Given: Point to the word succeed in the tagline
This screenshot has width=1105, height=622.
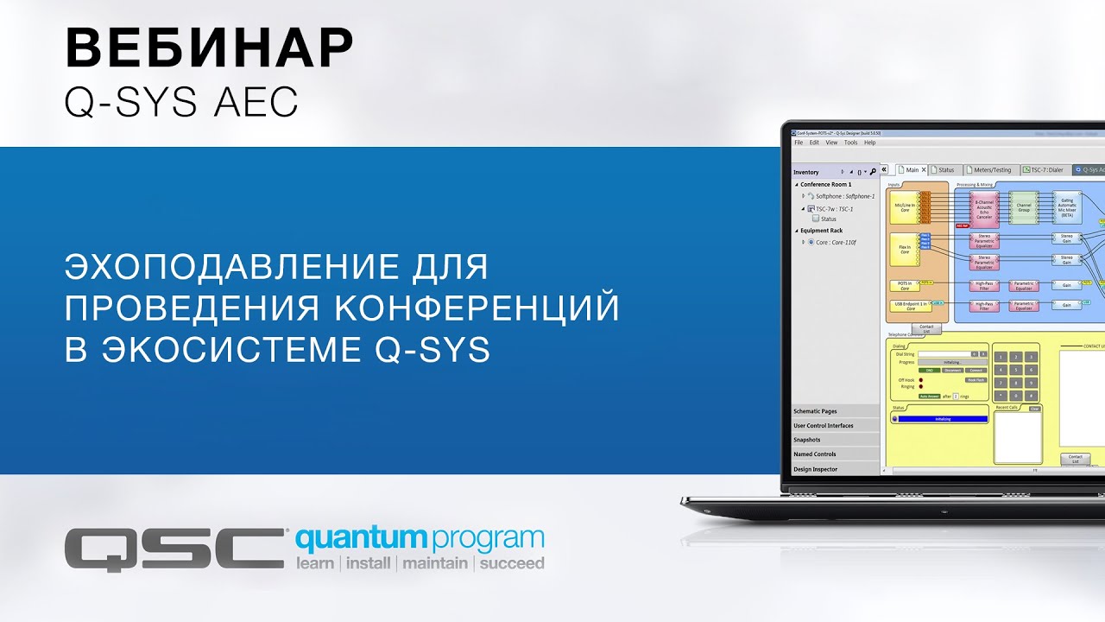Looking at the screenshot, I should (512, 564).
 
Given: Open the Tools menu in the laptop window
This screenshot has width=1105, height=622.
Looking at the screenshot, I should (850, 143).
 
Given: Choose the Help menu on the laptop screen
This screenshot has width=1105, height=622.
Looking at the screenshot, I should (869, 143).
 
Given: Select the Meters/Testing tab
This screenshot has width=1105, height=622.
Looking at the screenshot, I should (991, 170).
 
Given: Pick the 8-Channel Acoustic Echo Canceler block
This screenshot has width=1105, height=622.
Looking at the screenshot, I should (984, 208).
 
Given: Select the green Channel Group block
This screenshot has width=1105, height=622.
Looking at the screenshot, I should (1024, 208).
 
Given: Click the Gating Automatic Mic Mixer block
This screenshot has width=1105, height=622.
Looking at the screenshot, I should (1066, 208).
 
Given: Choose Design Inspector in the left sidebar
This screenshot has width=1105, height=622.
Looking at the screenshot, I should (816, 469).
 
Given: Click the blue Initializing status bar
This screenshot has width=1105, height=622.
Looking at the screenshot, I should (943, 419).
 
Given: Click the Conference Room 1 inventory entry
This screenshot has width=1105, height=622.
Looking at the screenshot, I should (825, 184).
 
